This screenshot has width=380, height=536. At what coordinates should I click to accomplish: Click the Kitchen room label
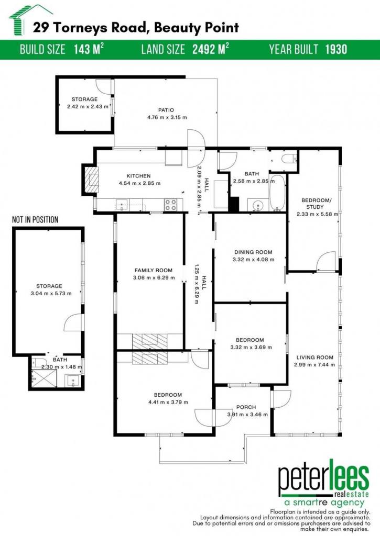139,176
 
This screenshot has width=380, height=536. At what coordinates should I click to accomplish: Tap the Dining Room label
253,252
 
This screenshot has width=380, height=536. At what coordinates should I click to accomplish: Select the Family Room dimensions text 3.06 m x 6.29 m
154,277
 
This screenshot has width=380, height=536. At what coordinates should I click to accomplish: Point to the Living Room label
314,357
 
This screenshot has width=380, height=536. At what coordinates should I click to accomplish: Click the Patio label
166,110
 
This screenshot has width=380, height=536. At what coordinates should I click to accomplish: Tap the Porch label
246,407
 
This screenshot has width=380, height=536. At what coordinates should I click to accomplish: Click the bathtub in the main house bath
277,193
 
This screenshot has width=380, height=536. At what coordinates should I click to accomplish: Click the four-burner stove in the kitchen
170,205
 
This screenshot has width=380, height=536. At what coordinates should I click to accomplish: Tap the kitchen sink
122,205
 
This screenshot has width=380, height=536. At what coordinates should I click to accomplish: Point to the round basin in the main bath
257,205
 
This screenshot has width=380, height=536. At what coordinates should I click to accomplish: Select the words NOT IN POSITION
35,219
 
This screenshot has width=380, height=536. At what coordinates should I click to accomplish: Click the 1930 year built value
336,49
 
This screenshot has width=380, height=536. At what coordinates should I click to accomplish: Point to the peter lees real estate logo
323,483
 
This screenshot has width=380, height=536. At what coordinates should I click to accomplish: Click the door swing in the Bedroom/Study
325,261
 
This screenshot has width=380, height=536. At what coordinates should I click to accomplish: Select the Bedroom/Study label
315,204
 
